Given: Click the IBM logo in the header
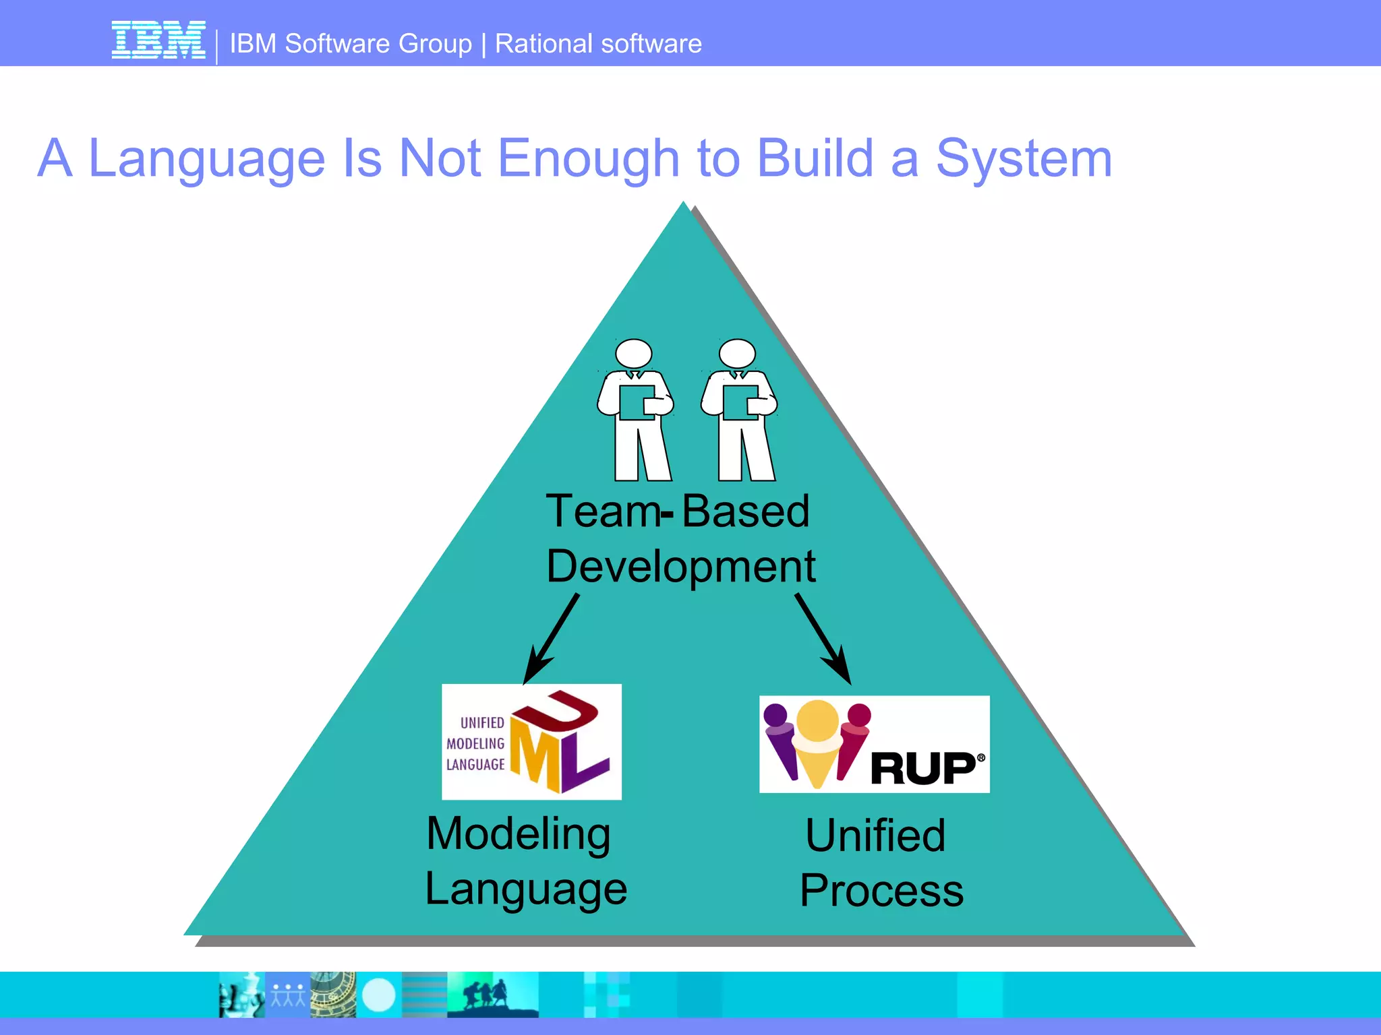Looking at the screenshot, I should [158, 40].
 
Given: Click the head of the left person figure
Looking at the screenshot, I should [634, 353].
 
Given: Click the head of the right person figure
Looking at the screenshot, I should [737, 353].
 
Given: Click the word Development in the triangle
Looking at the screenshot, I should [680, 567].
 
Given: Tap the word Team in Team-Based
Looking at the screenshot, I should [602, 511].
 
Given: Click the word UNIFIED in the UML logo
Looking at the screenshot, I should [482, 723].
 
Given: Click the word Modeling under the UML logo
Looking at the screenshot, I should [519, 835].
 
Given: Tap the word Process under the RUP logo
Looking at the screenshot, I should [881, 891].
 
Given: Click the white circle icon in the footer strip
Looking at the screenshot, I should [378, 995].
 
